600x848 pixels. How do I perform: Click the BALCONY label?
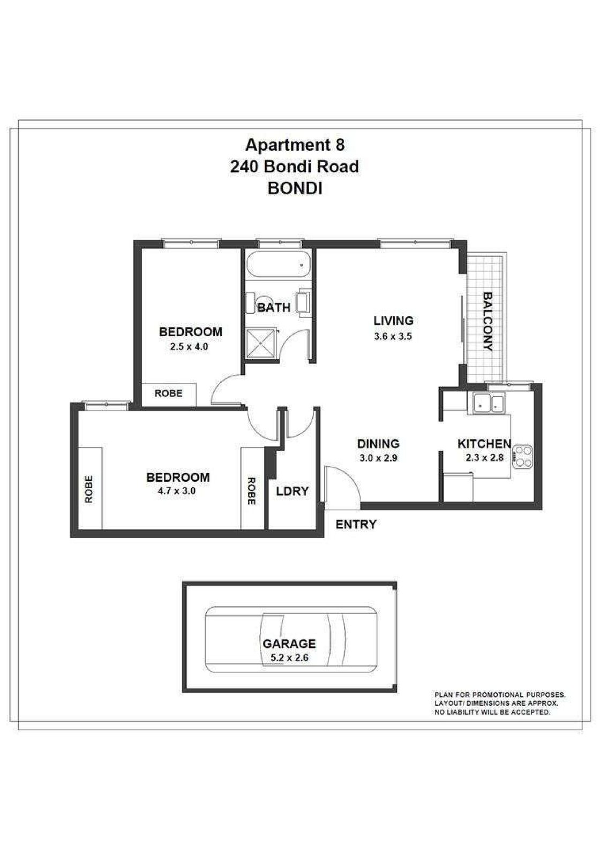coord(487,321)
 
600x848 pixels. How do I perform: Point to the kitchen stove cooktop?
coord(523,457)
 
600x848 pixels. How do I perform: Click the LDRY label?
coord(292,491)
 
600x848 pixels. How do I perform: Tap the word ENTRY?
coord(356,525)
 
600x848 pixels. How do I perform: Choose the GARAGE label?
coord(289,644)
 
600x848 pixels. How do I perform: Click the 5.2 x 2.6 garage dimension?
coord(289,658)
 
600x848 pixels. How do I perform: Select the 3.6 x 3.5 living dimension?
coord(393,337)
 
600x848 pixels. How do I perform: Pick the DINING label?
coord(378,444)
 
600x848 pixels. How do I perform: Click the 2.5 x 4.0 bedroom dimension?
coord(189,346)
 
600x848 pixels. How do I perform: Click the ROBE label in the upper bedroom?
coord(169,393)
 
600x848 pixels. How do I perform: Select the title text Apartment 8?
coord(295,145)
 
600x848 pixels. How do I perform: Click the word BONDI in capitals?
coord(295,188)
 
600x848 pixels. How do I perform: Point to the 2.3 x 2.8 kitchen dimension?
coord(484,458)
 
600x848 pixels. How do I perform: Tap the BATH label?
coord(274,307)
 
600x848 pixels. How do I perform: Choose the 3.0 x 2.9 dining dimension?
coord(378,458)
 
